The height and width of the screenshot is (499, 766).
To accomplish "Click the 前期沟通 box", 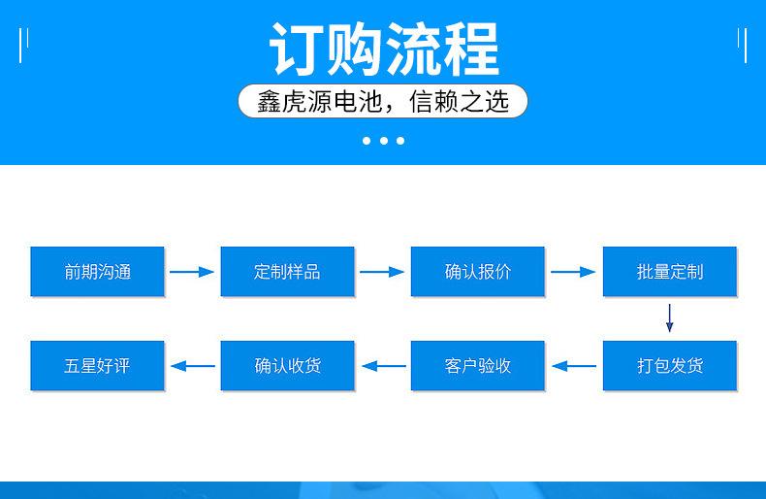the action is click(97, 272).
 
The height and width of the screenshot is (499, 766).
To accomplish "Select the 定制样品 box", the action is click(287, 272).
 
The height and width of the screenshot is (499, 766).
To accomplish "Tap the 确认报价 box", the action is click(477, 272).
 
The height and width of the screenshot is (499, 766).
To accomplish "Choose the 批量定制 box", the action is click(670, 272).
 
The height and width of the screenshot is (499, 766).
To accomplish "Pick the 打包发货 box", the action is click(670, 365).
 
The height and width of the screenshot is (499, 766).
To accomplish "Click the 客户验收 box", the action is click(477, 365).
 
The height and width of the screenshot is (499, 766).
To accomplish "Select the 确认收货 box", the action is click(287, 365).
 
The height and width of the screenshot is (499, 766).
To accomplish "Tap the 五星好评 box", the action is click(97, 365).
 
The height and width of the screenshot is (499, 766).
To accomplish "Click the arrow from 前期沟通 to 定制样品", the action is click(192, 272).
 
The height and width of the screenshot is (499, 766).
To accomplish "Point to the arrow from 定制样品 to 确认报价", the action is click(382, 272).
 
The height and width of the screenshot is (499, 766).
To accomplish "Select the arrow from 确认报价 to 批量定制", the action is click(573, 272).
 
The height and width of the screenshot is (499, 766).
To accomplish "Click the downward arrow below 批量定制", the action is click(670, 318).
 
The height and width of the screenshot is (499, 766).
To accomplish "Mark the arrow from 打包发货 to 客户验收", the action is click(574, 366).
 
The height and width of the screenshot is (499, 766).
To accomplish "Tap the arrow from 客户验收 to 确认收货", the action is click(384, 366).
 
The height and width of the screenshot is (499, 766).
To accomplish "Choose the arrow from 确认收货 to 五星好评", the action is click(193, 366).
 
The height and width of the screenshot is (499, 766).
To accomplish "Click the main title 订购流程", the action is click(384, 50).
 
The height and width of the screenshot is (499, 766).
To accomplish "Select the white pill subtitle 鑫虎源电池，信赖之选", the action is click(383, 101).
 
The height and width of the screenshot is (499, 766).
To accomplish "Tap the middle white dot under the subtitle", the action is click(384, 141).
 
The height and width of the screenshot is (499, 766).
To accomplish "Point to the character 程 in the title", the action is click(471, 50).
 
